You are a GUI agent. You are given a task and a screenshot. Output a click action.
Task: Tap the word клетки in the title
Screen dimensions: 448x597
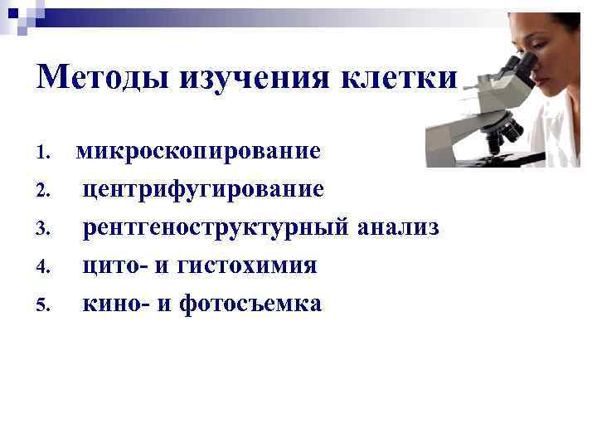click(399, 79)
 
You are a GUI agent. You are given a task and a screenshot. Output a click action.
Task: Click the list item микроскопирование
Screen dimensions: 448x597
click(198, 153)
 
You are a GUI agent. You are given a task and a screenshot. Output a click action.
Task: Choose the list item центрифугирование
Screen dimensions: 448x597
click(203, 190)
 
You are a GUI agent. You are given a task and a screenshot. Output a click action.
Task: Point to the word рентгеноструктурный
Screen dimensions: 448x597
click(216, 228)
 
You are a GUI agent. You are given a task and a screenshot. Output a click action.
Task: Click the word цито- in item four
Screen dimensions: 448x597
click(113, 266)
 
